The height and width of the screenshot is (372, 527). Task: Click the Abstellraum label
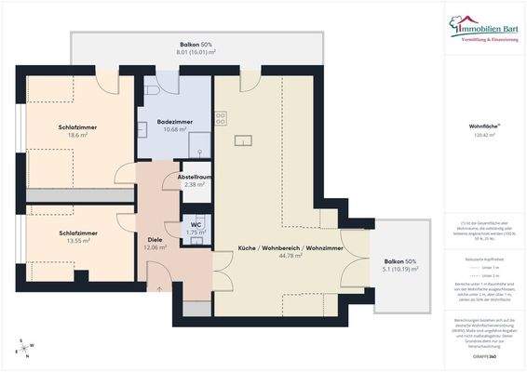point(196,175)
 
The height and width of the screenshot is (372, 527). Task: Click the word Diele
point(155,238)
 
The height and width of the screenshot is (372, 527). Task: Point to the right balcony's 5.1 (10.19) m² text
point(400,270)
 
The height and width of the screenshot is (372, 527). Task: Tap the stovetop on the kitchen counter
point(221,118)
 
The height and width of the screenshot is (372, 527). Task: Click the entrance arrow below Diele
point(159,288)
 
